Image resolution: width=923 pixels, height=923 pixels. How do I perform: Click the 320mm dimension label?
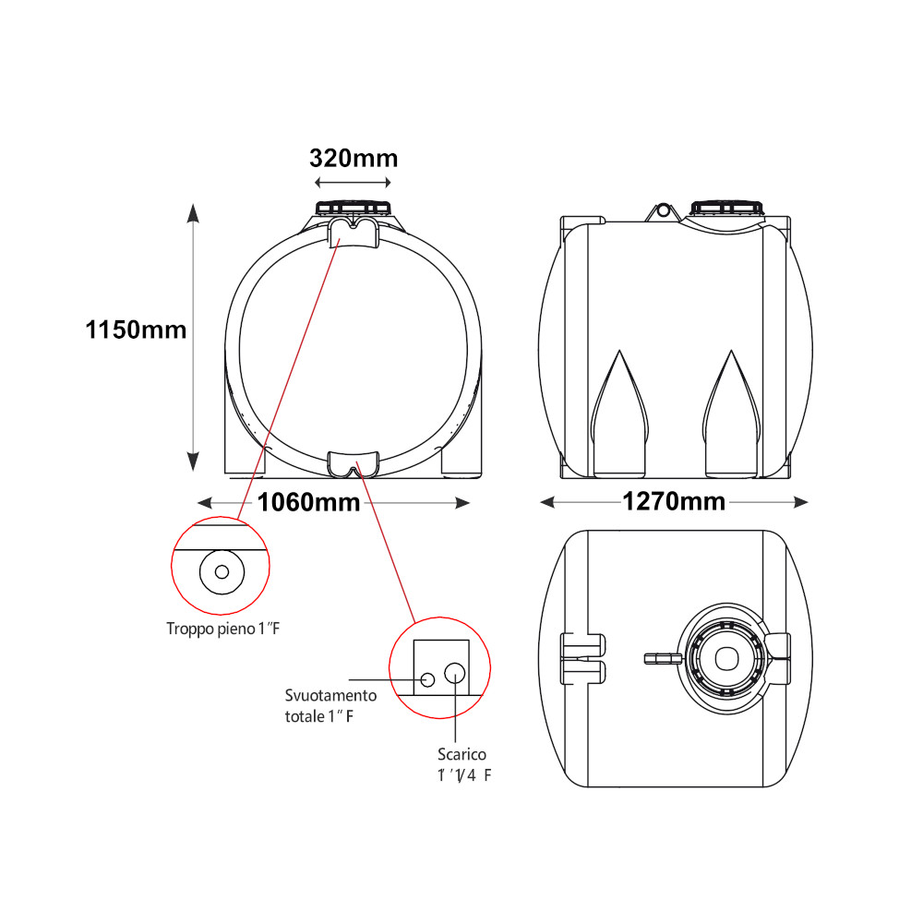click(x=354, y=159)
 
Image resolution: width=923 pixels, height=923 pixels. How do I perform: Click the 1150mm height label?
click(x=136, y=330)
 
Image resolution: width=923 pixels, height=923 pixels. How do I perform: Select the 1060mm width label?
click(x=308, y=502)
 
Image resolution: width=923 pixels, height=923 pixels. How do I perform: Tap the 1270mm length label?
click(x=674, y=501)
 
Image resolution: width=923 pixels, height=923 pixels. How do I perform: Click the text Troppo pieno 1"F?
click(x=223, y=629)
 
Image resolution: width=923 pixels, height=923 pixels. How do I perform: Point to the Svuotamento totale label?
click(x=330, y=706)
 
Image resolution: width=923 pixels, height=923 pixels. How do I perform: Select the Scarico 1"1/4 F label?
click(x=463, y=764)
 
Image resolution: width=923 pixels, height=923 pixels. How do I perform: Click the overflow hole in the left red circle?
click(x=222, y=571)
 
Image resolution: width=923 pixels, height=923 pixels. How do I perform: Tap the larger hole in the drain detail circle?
click(x=454, y=672)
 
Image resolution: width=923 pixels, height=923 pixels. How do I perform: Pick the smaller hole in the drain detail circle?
click(x=428, y=680)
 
